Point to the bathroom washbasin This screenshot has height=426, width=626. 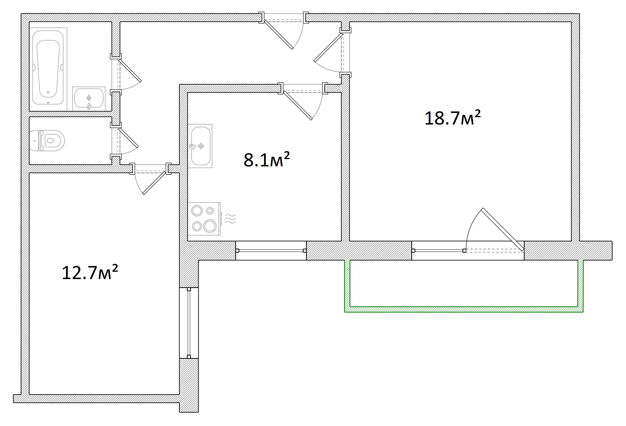pos(89,98)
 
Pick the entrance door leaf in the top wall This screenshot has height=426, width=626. pos(278,35)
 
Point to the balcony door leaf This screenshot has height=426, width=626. pos(503,229)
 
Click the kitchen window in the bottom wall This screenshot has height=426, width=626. pos(271,250)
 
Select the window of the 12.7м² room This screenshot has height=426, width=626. pos(189,323)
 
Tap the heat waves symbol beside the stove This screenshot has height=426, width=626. pos(230,219)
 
